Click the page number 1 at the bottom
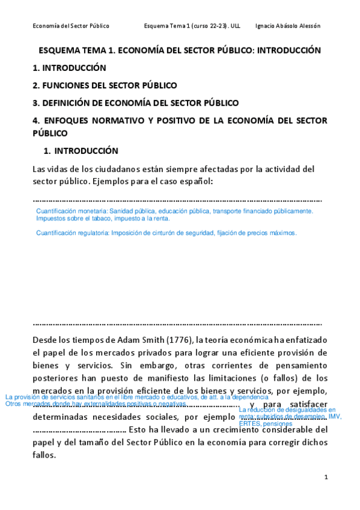click(325, 477)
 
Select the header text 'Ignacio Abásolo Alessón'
click(288, 26)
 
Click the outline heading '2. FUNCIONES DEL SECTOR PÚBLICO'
click(105, 85)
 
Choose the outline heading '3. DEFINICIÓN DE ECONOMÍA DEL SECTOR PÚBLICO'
click(135, 103)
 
